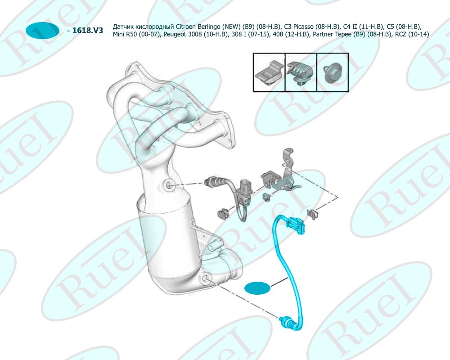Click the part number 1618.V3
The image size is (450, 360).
pos(88,31)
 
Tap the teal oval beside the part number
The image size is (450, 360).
pos(42,31)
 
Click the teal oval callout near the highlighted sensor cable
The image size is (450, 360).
pos(257,288)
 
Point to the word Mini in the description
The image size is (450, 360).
pos(118,35)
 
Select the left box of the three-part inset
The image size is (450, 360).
pos(269,72)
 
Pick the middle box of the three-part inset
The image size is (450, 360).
pos(301,72)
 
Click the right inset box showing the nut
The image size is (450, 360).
pos(333,72)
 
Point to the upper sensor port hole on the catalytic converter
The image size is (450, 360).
pos(169,185)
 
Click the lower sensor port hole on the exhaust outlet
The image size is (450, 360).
pos(207,279)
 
